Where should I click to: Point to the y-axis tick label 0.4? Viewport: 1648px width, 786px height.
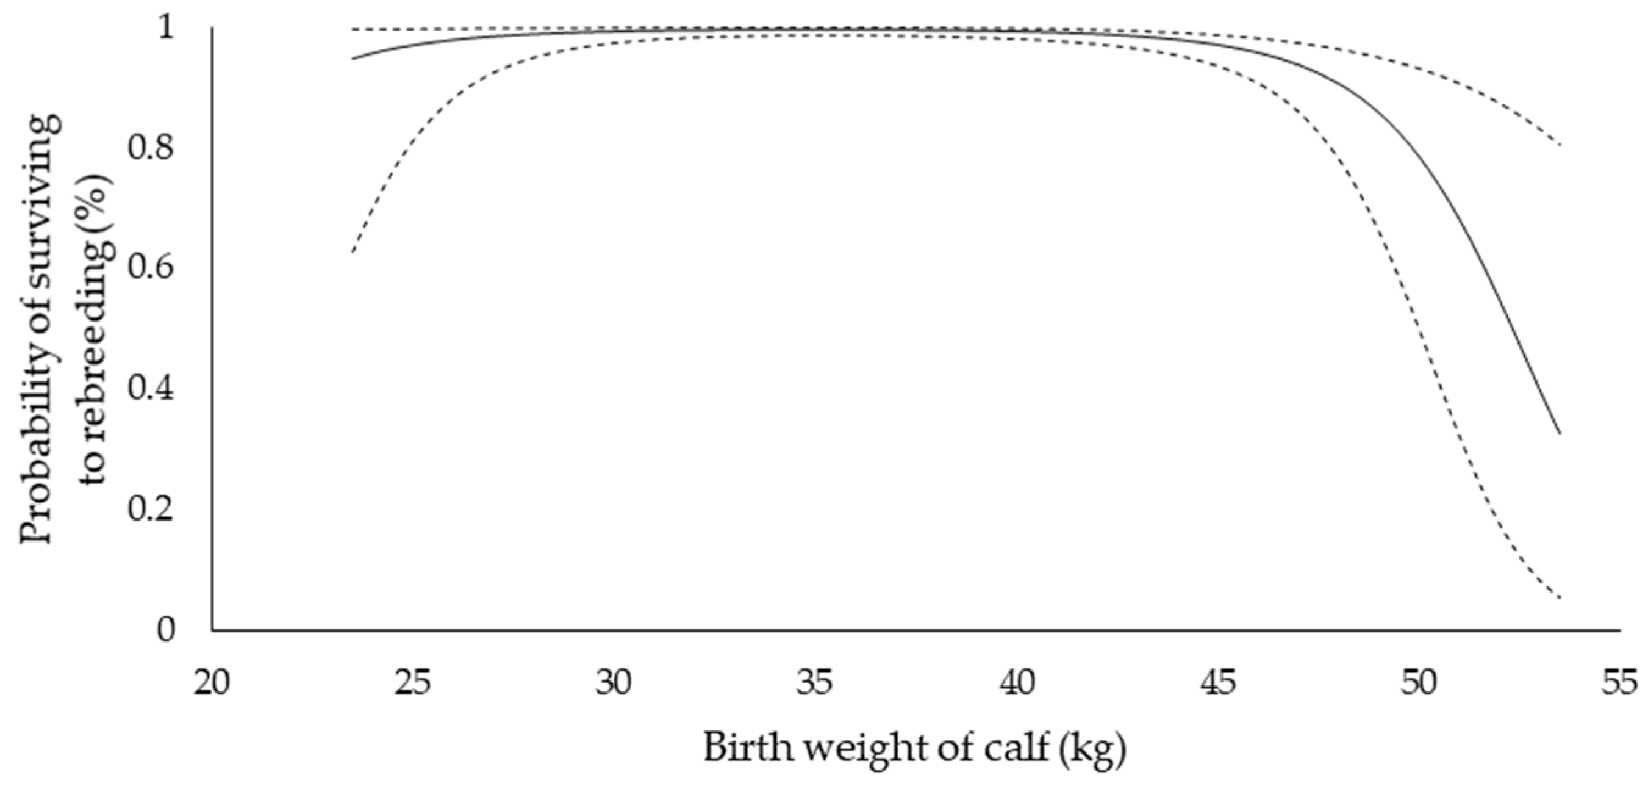(150, 389)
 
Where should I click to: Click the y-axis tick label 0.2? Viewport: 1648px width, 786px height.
(150, 509)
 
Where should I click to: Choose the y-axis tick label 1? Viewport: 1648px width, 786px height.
(166, 28)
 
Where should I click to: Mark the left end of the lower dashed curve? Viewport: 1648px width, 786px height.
(352, 253)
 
